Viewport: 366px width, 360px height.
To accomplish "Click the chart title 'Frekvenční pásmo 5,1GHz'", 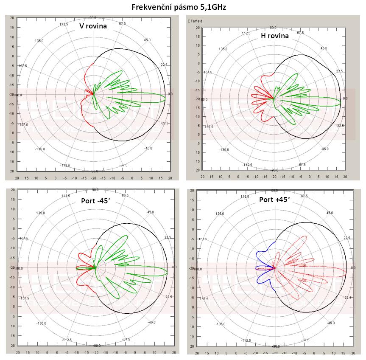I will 182,7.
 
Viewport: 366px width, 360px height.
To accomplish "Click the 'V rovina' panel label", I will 93,26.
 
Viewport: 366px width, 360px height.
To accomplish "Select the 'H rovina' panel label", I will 275,36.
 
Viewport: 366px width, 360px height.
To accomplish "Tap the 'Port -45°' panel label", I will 96,200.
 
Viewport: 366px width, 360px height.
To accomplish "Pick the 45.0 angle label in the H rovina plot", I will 324,48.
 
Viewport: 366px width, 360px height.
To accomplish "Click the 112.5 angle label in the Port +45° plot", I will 245,197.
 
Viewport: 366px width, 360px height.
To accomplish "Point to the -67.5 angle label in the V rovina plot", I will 123,165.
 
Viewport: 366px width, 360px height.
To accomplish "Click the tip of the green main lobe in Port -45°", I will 168,272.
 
